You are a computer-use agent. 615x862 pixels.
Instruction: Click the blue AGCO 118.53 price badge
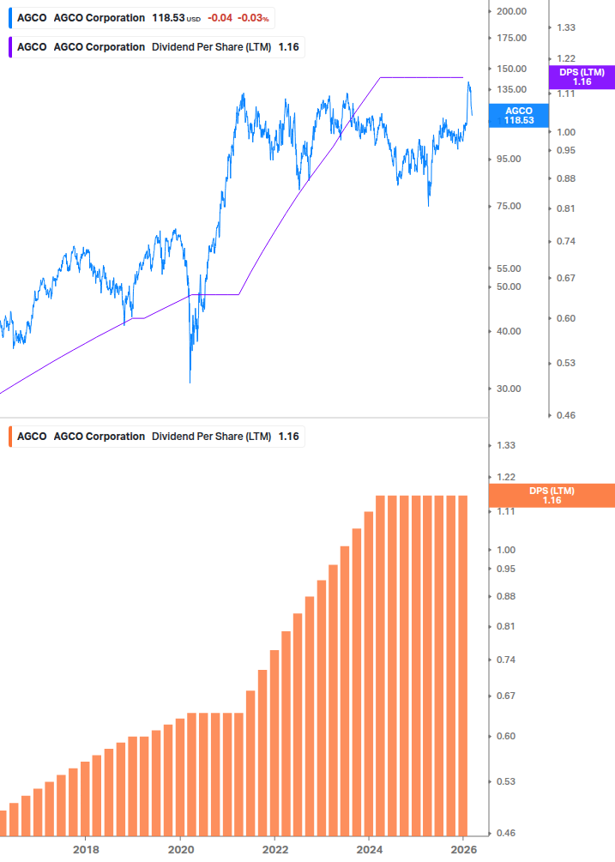click(x=518, y=116)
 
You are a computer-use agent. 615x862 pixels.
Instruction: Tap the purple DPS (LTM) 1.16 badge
click(x=582, y=77)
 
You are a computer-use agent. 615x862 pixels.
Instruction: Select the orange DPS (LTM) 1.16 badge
click(x=551, y=496)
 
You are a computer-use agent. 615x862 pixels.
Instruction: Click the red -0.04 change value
click(x=220, y=18)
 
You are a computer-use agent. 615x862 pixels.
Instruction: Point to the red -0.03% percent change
click(x=253, y=18)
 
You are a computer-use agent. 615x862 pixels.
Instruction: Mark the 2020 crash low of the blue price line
click(x=190, y=381)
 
